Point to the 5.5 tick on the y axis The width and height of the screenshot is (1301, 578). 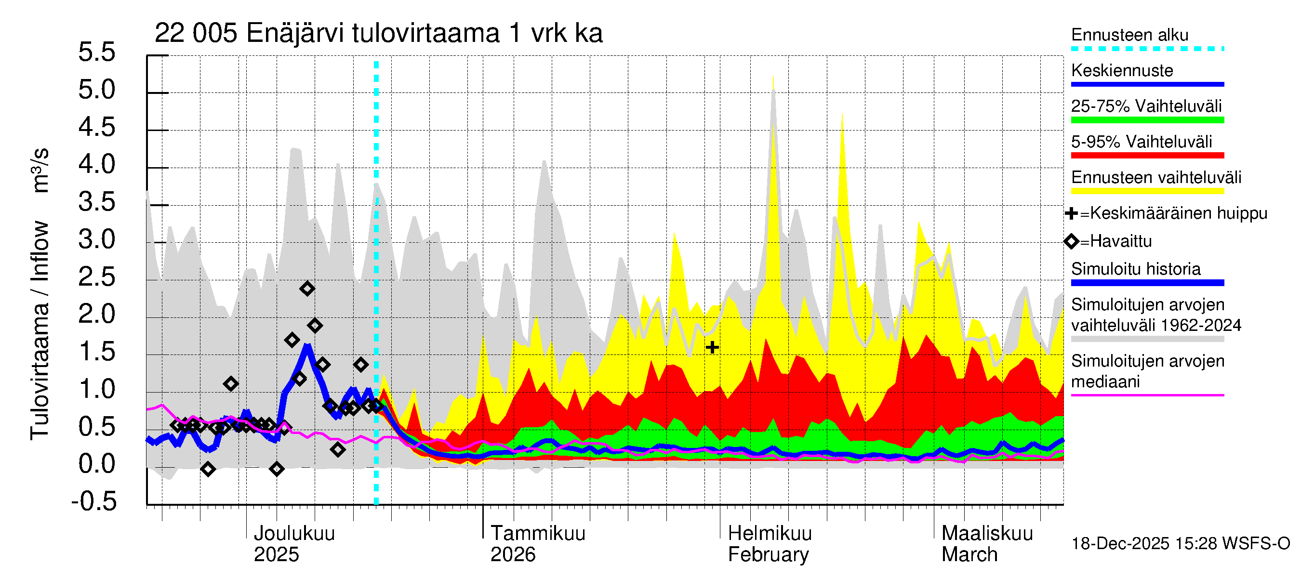point(97,53)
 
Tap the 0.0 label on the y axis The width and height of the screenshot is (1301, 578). point(97,464)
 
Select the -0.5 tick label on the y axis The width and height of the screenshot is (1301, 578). point(94,501)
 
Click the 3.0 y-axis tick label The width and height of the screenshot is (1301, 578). point(97,240)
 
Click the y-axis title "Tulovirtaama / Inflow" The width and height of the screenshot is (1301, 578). point(40,330)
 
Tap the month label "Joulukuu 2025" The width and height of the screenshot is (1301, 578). point(294,544)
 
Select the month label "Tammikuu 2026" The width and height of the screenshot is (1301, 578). point(537,544)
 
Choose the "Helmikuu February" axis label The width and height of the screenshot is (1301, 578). point(769,544)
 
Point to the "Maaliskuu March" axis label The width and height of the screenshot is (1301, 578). point(987,544)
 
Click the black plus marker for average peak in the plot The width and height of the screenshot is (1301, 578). point(712,347)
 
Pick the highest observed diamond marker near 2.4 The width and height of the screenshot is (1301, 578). point(307,289)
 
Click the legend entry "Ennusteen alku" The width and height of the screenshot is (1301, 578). point(1129,35)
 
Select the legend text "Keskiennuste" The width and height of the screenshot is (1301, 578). point(1122,71)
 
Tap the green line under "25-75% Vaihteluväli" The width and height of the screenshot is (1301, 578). point(1147,120)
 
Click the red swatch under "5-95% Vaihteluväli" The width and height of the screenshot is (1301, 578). point(1147,156)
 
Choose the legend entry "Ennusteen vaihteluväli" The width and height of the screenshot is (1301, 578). point(1155,178)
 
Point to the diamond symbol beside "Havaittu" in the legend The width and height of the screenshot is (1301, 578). point(1071,241)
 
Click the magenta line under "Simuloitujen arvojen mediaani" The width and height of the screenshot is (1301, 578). point(1147,395)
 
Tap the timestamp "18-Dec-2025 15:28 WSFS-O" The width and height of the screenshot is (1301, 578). point(1180,544)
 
